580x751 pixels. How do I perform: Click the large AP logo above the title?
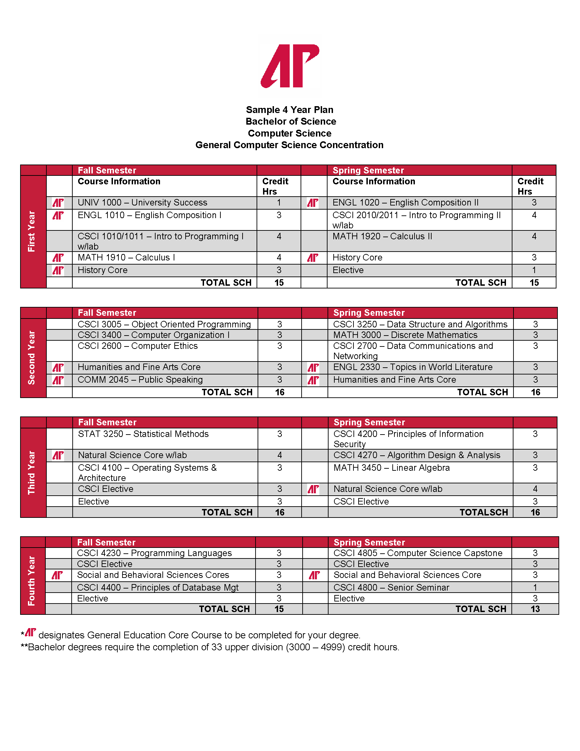pos(290,66)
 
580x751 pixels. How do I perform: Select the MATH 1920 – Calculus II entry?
pos(382,236)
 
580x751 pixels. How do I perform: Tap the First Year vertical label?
pos(32,231)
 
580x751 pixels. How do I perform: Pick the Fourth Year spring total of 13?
pos(535,609)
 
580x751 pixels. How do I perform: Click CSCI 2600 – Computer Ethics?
pos(137,346)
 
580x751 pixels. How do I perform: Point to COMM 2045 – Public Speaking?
pos(140,380)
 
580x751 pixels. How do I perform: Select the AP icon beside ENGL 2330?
pos(313,368)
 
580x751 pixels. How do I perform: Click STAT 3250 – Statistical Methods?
pos(143,434)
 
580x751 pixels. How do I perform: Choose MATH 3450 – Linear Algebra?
pos(391,468)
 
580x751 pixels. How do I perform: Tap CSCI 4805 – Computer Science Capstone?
pos(418,553)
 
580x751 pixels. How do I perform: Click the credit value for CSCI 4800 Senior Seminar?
pos(535,587)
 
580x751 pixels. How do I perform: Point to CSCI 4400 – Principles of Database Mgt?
pos(157,587)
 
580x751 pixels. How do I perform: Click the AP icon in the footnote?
pos(31,632)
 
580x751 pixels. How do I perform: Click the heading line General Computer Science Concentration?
pos(289,145)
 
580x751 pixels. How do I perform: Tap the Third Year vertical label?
pos(32,472)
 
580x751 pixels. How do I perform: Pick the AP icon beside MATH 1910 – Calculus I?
pos(58,257)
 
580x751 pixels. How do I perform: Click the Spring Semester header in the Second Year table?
pos(369,313)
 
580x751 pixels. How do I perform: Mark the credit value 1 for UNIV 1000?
pos(279,202)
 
